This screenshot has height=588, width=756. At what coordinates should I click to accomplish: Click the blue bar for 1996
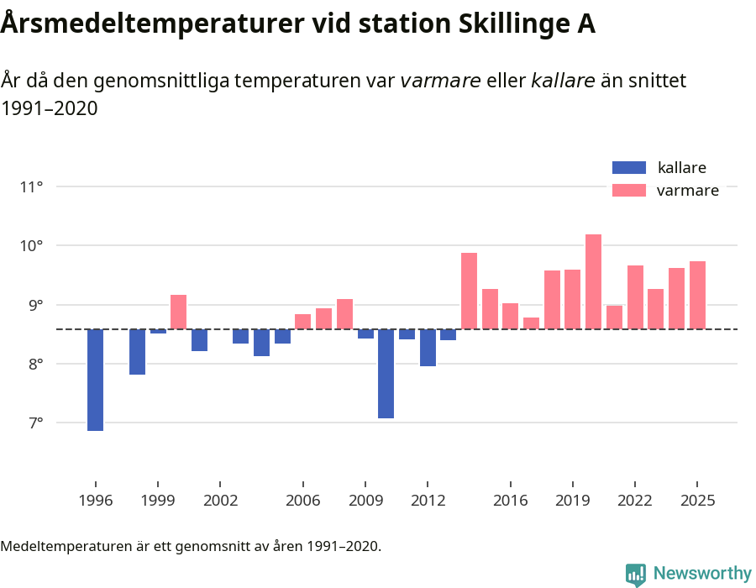[x=95, y=380]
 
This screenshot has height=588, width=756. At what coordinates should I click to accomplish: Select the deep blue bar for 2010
[x=386, y=373]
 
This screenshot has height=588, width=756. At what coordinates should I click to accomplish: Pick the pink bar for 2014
[x=469, y=291]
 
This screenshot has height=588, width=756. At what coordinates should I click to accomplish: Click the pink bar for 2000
[x=178, y=312]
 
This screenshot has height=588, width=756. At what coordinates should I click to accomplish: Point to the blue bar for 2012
[x=428, y=348]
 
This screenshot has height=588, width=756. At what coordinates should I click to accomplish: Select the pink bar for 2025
[x=697, y=295]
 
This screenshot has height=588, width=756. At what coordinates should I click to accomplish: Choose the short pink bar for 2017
[x=531, y=323]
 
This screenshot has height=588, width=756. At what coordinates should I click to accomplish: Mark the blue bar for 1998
[x=137, y=352]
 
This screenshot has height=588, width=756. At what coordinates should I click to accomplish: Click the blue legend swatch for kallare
[x=629, y=167]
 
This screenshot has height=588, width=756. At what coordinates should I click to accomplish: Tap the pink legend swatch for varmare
[x=629, y=191]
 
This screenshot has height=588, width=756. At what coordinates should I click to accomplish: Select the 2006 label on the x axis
[x=302, y=501]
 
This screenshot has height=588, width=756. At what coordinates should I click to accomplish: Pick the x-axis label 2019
[x=572, y=501]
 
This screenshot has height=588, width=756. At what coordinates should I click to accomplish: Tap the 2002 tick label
[x=219, y=501]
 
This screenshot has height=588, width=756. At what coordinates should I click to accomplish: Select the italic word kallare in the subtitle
[x=563, y=81]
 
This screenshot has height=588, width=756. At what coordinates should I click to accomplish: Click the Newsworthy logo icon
[x=636, y=574]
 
